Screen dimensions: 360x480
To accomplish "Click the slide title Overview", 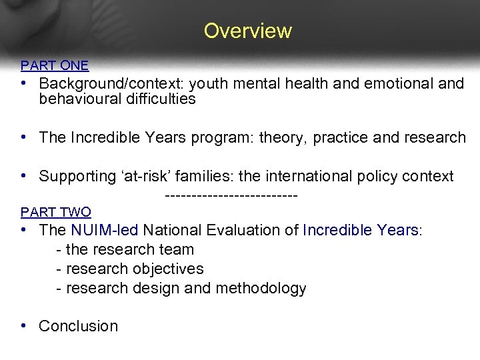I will coord(247,31).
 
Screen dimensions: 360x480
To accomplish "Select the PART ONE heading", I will coord(55,65).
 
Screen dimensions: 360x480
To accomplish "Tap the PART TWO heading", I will coord(56,212).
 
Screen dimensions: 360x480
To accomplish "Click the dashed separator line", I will coord(230,195).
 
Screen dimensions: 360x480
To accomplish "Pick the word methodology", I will coord(266,289).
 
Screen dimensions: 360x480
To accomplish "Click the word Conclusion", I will coord(78,326).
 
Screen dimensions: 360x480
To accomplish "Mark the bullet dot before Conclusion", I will coord(23,325).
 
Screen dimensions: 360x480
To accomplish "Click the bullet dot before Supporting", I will coord(23,176).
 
